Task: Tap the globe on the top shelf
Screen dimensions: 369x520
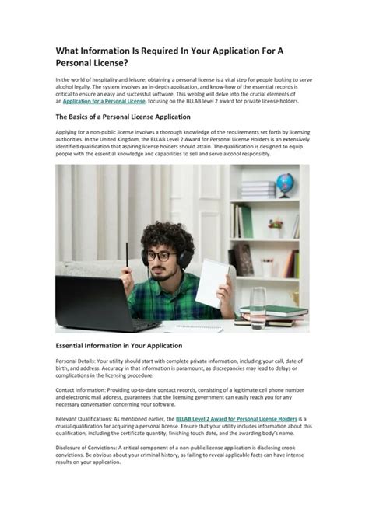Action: (285, 183)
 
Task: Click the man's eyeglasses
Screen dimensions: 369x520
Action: (160, 255)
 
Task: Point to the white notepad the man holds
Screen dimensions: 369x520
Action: (212, 281)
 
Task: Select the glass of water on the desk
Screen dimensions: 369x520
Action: (258, 308)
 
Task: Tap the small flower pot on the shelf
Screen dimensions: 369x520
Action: (275, 226)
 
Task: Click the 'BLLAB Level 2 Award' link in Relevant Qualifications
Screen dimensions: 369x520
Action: (243, 418)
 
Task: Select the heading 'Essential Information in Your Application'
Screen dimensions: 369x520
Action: (119, 345)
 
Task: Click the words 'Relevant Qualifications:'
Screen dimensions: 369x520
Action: (88, 418)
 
